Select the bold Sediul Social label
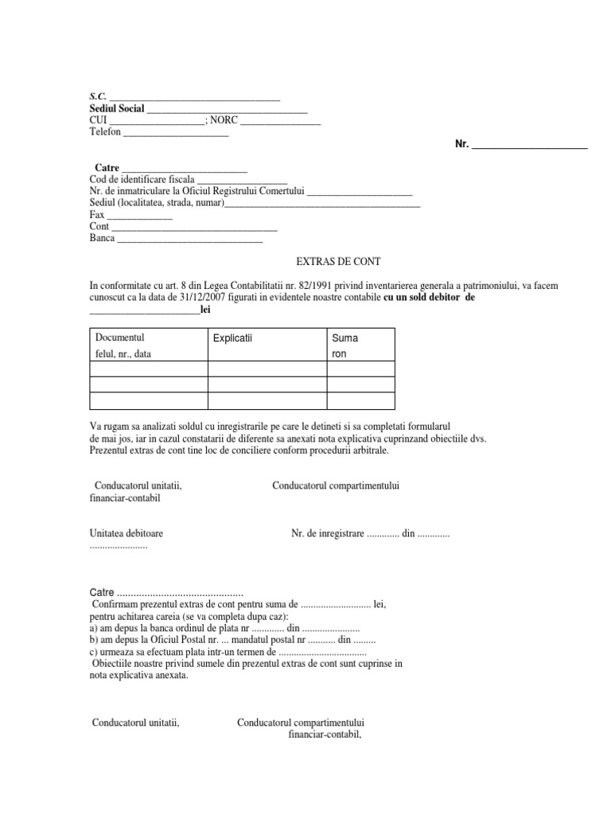(x=117, y=108)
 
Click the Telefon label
(x=106, y=132)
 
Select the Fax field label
(x=98, y=215)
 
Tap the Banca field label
(x=103, y=238)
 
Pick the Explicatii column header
(x=232, y=339)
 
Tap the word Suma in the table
(x=344, y=338)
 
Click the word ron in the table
(x=339, y=354)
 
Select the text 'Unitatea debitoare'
(x=131, y=534)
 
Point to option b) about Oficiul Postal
(x=232, y=640)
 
